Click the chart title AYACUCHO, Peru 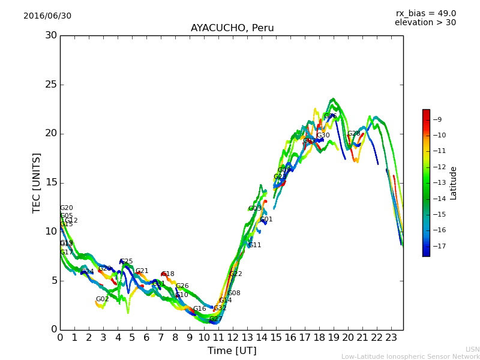tap(232, 28)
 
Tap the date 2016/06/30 tap(47, 16)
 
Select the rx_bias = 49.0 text tap(425, 14)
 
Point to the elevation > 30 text tap(425, 23)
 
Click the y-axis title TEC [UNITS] tap(37, 182)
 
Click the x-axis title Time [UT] tap(232, 351)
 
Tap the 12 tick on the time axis tap(233, 338)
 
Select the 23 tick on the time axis tap(391, 338)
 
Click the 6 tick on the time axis tap(146, 338)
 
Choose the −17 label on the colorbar tap(437, 246)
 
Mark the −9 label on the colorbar tap(437, 119)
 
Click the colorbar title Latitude tap(454, 182)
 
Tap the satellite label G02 tap(102, 299)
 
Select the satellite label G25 tap(126, 262)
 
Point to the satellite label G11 tap(254, 245)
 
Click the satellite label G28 tap(353, 134)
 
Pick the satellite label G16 tap(199, 309)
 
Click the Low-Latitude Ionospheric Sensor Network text tap(410, 356)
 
